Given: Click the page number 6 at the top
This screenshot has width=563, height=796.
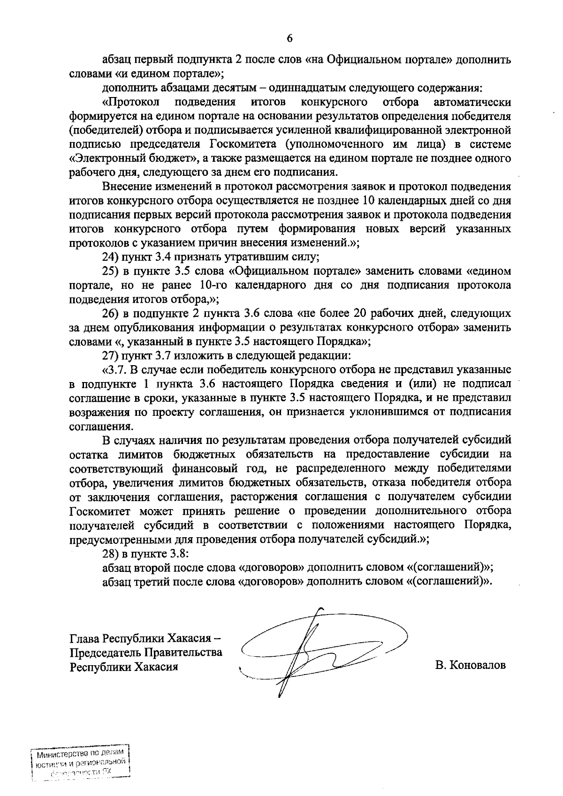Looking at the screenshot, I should pos(289,39).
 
